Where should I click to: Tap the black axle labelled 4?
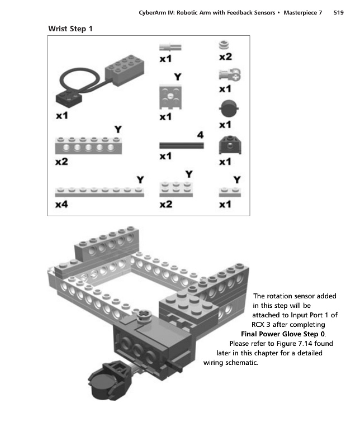pos(181,145)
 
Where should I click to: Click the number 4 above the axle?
pos(200,135)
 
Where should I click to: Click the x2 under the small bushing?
pos(225,57)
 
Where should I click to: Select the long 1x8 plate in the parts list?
pos(100,191)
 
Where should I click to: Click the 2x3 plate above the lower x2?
pos(177,189)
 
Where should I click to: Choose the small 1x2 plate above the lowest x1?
pos(226,192)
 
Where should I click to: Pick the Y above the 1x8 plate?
pos(140,180)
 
